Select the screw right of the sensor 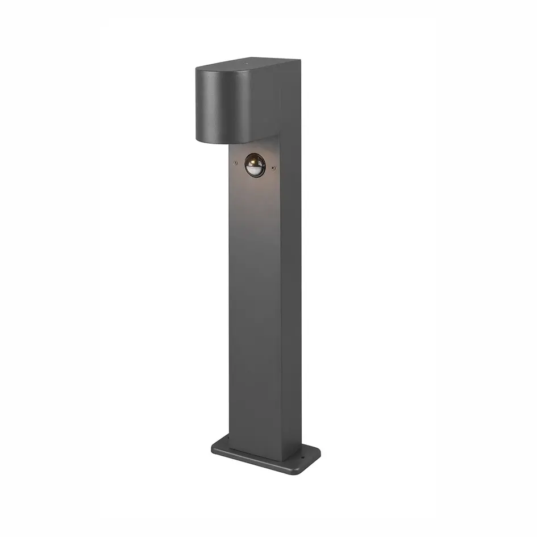[274, 168]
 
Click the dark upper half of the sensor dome [252, 160]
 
